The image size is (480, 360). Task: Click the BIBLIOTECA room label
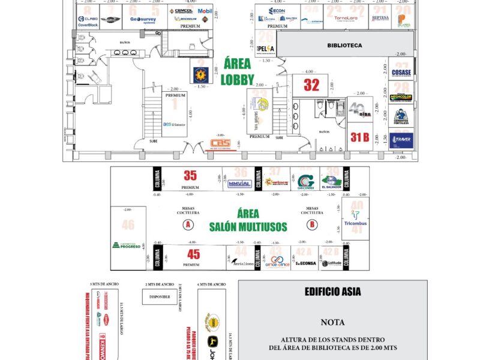point(344,45)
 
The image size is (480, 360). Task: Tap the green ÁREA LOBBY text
point(238,71)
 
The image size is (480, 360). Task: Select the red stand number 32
point(311,85)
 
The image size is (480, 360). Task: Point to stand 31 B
point(360,137)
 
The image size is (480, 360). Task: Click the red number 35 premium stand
point(190,176)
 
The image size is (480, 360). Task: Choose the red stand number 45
point(193,254)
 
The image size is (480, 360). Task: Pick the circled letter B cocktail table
point(312,225)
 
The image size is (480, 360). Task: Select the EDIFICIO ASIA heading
point(332,292)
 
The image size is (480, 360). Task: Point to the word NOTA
point(332,322)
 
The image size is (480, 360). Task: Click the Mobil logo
point(205,11)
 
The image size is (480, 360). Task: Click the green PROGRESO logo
point(127,245)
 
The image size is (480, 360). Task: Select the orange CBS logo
point(220,144)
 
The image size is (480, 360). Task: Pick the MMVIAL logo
point(239,184)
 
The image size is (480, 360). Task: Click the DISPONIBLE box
point(159,296)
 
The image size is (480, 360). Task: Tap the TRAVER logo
point(400,142)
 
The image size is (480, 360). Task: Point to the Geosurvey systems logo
point(143,20)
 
